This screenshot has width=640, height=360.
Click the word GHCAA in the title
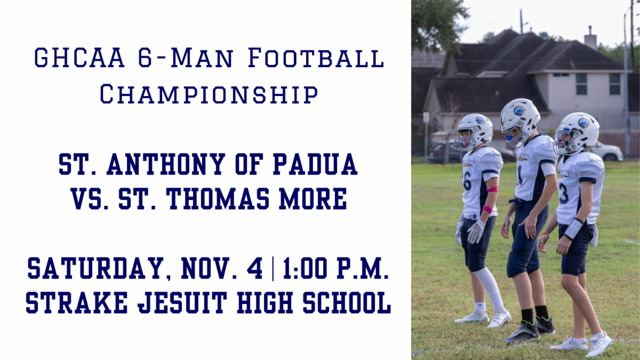[79, 58]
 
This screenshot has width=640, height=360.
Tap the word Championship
[209, 93]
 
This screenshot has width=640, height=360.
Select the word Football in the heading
[316, 58]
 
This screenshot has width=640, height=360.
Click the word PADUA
[315, 164]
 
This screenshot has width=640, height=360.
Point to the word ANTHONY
[166, 164]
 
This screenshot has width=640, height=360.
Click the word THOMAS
[218, 199]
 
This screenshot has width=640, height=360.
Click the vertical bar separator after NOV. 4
[273, 269]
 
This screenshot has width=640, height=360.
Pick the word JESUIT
[182, 302]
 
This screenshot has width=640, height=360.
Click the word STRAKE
[77, 302]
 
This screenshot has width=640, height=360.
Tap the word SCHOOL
[347, 302]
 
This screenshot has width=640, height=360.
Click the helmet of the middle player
[520, 121]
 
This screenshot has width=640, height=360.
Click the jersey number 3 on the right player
[563, 193]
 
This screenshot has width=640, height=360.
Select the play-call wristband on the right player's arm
[573, 229]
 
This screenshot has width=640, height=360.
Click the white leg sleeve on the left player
[490, 288]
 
